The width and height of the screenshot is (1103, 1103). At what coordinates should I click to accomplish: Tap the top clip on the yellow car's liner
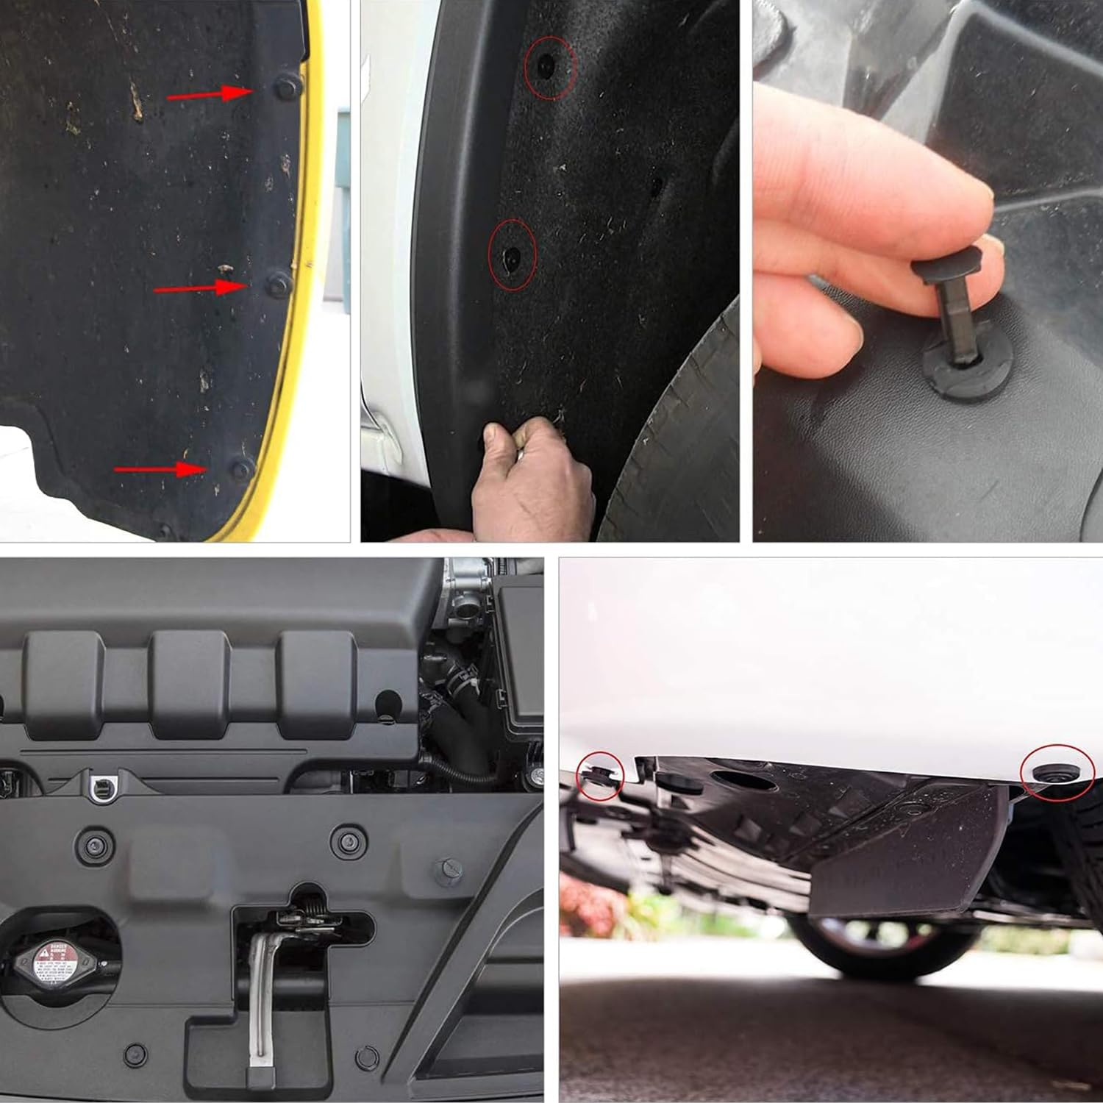[287, 88]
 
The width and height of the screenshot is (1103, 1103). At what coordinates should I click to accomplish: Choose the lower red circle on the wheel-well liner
[513, 254]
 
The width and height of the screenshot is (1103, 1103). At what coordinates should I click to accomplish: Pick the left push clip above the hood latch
[96, 846]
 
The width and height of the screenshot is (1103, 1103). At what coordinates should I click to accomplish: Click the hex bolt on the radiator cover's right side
[446, 869]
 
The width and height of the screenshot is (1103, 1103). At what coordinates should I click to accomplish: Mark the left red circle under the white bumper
[599, 776]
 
